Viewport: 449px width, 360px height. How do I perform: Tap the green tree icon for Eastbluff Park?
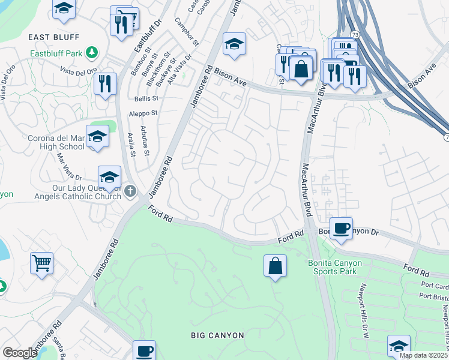[x=92, y=53]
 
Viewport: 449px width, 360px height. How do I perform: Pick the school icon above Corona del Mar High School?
[x=97, y=137]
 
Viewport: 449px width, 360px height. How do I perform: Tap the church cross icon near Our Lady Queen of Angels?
[x=131, y=191]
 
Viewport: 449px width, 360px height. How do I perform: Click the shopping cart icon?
[x=41, y=262]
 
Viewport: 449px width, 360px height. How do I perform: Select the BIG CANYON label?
[x=217, y=335]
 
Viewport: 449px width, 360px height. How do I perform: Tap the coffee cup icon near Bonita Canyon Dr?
[x=341, y=228]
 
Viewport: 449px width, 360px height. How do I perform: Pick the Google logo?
[x=20, y=352]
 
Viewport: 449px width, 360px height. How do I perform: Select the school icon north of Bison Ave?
[x=234, y=43]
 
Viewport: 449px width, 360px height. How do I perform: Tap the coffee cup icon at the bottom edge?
[x=143, y=350]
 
